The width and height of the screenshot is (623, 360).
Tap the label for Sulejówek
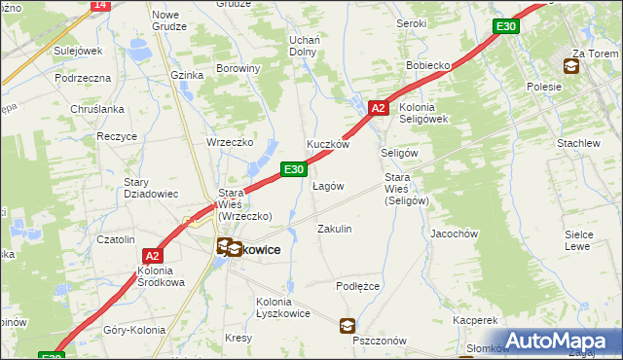point(79,49)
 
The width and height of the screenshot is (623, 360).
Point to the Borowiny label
point(238,68)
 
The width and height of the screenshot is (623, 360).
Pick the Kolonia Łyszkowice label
point(283,307)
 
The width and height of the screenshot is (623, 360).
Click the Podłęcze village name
point(357,286)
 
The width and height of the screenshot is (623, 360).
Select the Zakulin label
point(335,229)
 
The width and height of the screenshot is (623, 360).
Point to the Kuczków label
point(328,144)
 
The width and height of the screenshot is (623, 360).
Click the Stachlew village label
point(578,143)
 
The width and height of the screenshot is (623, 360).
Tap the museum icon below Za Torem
point(570,67)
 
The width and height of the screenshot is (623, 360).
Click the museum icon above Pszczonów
point(348,326)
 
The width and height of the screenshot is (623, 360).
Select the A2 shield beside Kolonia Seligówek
point(380,109)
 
